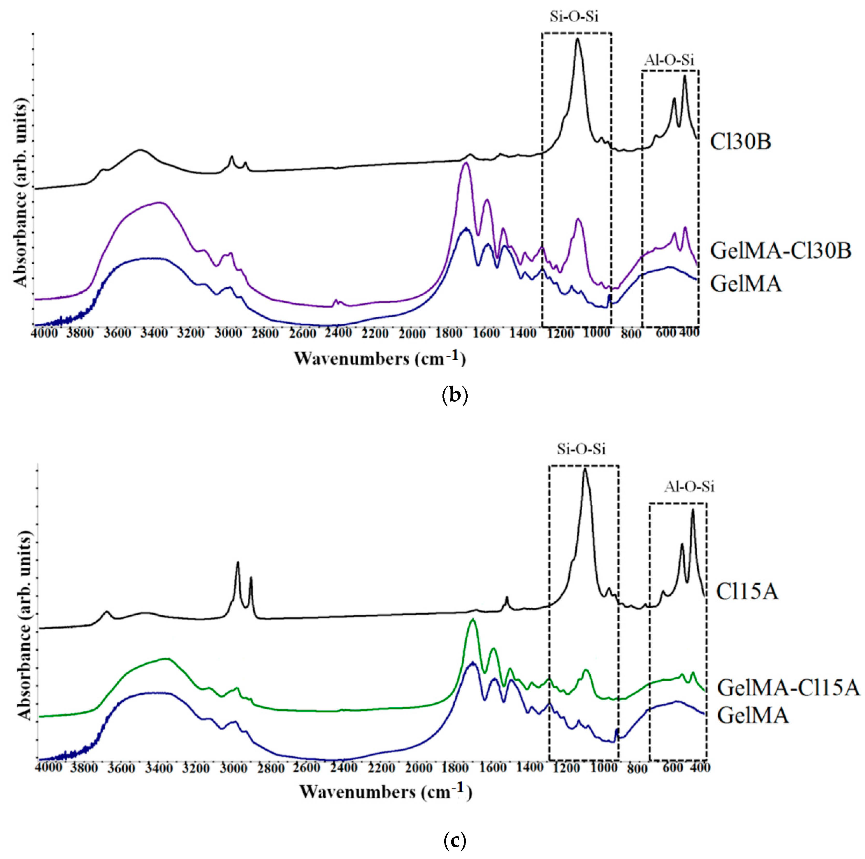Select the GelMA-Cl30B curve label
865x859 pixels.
[780, 251]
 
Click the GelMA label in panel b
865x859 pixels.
[746, 284]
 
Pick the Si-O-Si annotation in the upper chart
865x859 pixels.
[574, 17]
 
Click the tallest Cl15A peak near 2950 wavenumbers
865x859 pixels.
[238, 562]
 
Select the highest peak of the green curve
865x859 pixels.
[472, 620]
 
